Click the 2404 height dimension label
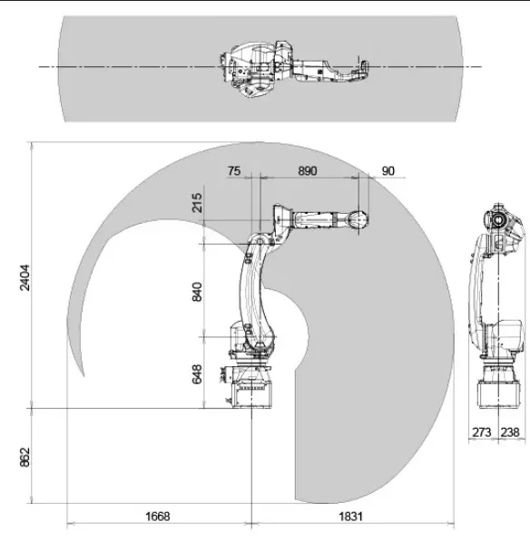[x=25, y=277]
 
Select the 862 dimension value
[x=25, y=457]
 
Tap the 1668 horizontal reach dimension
[x=158, y=517]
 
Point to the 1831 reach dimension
[x=350, y=517]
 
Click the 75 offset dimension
[x=234, y=170]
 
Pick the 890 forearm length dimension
[x=308, y=170]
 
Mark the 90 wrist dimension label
[x=388, y=170]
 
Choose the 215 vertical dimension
[x=197, y=202]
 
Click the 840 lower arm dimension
[x=197, y=292]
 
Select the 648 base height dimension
[x=197, y=374]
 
